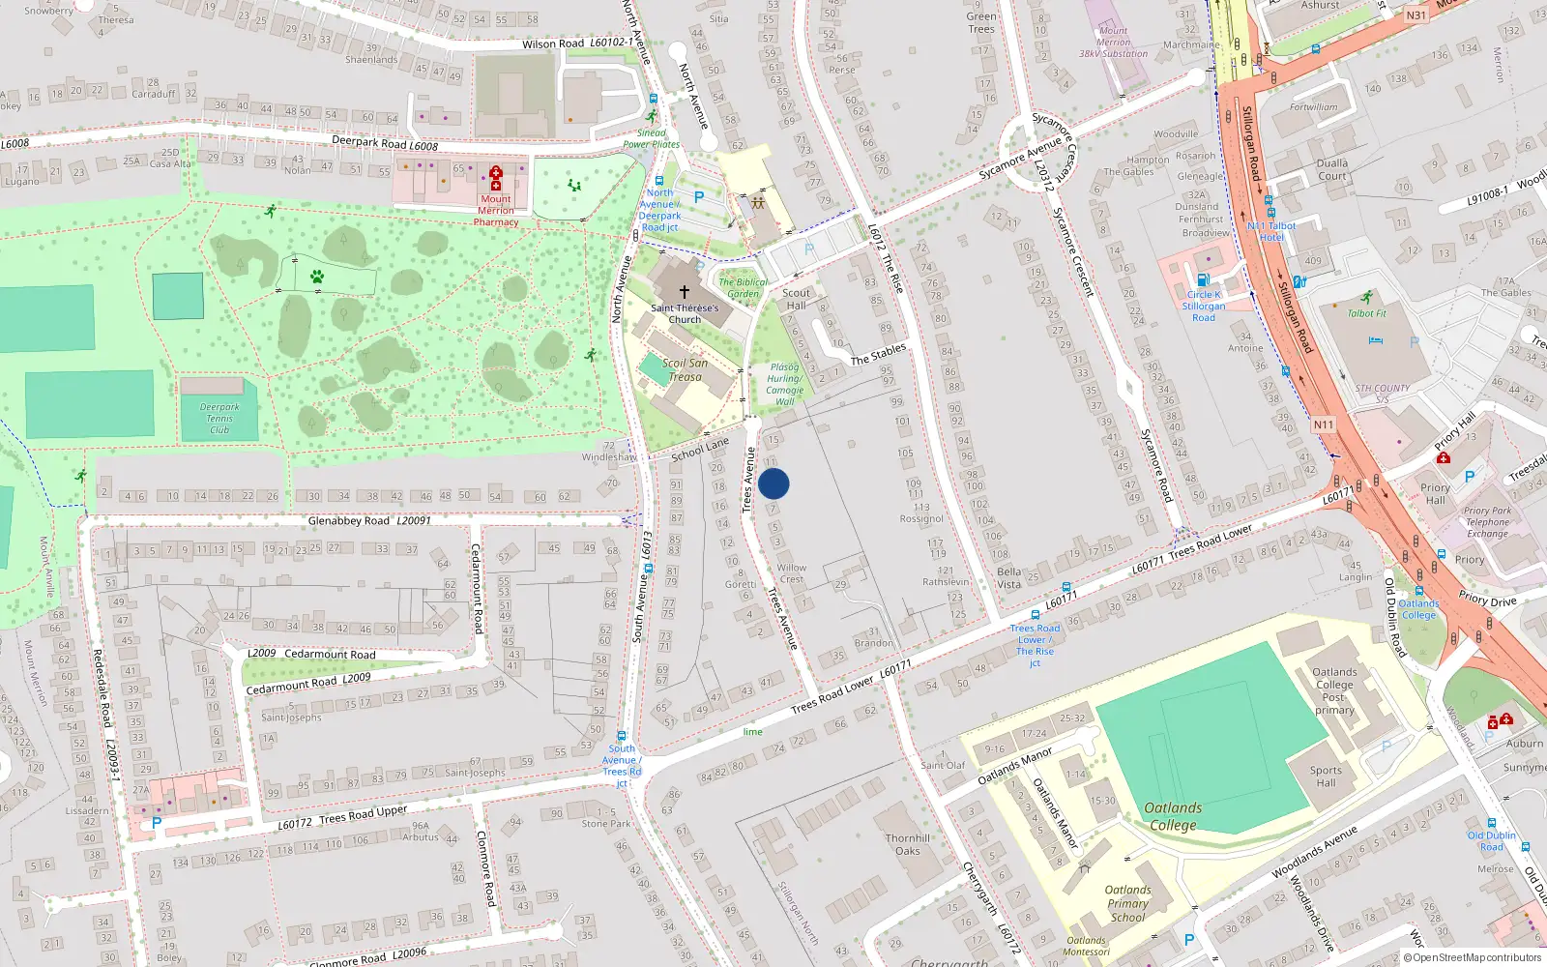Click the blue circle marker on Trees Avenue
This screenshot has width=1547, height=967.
pyautogui.click(x=773, y=483)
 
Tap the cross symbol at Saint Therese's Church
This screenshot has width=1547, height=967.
pyautogui.click(x=685, y=291)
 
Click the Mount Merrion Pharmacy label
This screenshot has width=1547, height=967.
pyautogui.click(x=496, y=211)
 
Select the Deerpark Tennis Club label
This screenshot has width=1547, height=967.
pyautogui.click(x=219, y=419)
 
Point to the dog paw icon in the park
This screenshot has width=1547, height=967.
pyautogui.click(x=317, y=277)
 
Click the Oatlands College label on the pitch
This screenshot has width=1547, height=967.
pyautogui.click(x=1173, y=816)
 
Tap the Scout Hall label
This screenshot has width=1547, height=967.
pyautogui.click(x=796, y=299)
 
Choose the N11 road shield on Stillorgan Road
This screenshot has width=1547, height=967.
pyautogui.click(x=1323, y=425)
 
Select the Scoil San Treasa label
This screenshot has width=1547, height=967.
pyautogui.click(x=686, y=370)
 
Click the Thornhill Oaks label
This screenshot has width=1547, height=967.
pyautogui.click(x=908, y=844)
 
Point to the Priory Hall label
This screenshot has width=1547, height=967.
pyautogui.click(x=1435, y=493)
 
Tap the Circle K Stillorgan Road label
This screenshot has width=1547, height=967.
pyautogui.click(x=1204, y=306)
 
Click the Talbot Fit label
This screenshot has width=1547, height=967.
pyautogui.click(x=1366, y=313)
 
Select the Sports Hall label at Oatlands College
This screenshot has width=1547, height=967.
pyautogui.click(x=1326, y=777)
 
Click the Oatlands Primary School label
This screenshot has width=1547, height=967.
pyautogui.click(x=1127, y=903)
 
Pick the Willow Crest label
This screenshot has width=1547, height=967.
pyautogui.click(x=791, y=573)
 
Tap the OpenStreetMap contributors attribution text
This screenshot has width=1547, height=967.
pyautogui.click(x=1472, y=958)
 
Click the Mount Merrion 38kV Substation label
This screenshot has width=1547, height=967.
pyautogui.click(x=1113, y=43)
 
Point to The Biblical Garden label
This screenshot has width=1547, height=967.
pyautogui.click(x=743, y=288)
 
